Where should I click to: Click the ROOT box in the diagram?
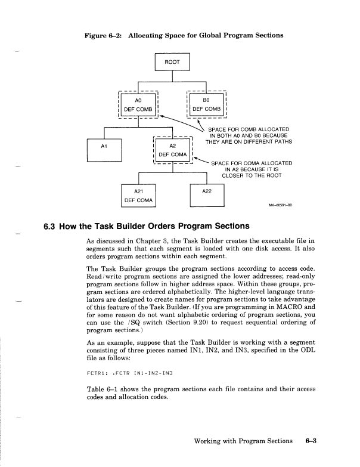[172, 61]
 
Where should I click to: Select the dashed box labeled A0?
[138, 104]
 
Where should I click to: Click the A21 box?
[138, 195]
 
